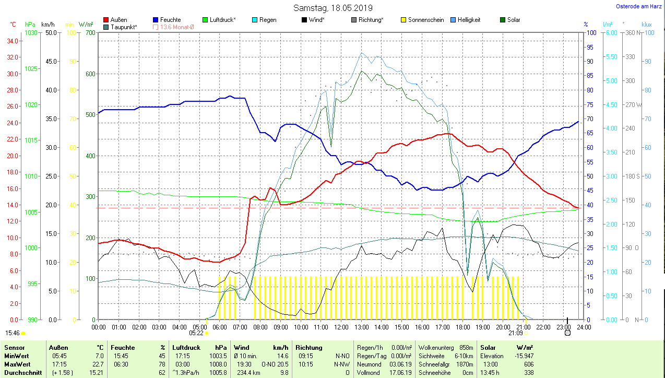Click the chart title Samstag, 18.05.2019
tap(332, 8)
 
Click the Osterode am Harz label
tap(639, 6)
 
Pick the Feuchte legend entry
tap(170, 20)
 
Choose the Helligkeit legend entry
tap(469, 20)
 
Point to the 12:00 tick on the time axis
tap(341, 327)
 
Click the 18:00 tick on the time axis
tap(462, 327)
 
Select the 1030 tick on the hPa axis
tap(31, 32)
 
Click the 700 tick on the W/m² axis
tap(90, 32)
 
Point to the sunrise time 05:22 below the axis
tap(196, 333)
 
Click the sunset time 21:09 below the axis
tap(515, 333)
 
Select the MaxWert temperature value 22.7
tap(98, 364)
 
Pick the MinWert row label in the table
tap(16, 356)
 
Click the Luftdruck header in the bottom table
tap(187, 347)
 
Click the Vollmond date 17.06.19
tap(400, 372)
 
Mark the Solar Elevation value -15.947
tap(522, 356)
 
